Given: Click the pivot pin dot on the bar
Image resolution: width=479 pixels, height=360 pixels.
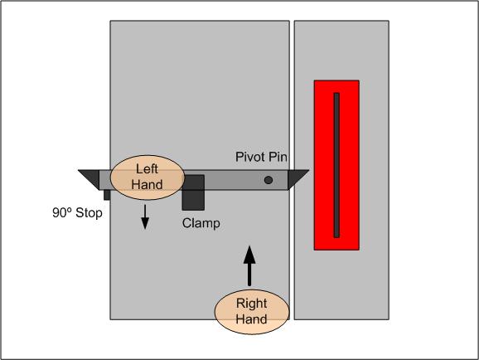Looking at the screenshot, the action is [269, 180].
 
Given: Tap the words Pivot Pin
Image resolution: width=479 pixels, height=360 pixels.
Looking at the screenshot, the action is [261, 157].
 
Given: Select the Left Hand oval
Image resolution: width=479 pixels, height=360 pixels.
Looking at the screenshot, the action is [148, 178].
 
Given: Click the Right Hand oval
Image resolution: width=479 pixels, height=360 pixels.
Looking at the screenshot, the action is [252, 311].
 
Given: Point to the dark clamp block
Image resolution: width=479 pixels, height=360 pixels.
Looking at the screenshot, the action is [193, 192].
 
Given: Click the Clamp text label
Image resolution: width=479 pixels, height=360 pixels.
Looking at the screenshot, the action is [201, 223].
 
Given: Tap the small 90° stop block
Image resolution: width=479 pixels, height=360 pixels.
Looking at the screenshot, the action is [107, 195].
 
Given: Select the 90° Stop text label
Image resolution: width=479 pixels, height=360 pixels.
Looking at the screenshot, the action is [77, 213].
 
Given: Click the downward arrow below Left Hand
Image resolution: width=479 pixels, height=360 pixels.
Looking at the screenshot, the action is [145, 216].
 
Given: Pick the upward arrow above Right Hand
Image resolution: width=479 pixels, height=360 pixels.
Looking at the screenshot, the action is [249, 265].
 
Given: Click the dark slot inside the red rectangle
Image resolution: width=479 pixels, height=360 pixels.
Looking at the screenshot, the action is [336, 165].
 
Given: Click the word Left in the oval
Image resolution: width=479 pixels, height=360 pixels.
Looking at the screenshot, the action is [147, 169].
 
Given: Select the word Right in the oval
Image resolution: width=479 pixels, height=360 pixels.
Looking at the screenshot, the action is [251, 303].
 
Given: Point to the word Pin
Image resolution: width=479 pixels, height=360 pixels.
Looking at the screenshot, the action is [278, 157].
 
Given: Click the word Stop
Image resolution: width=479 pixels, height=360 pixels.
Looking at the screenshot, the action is [89, 213].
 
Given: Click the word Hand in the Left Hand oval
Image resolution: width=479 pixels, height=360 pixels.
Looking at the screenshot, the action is [147, 185].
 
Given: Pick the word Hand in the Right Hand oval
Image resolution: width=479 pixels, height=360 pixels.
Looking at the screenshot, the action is [251, 319].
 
